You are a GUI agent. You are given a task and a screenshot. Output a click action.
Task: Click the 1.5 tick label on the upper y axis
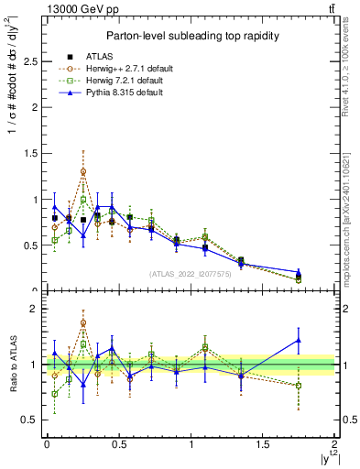point(27,154)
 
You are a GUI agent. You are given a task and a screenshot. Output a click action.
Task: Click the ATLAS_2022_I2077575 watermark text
point(190,273)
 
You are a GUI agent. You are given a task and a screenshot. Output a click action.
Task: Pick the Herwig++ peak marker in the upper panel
point(83,171)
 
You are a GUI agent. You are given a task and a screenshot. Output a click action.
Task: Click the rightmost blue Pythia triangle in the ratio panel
point(299,341)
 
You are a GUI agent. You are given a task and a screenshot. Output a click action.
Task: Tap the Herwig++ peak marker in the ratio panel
point(83,322)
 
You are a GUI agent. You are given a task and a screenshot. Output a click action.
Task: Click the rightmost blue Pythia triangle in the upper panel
point(299,272)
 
